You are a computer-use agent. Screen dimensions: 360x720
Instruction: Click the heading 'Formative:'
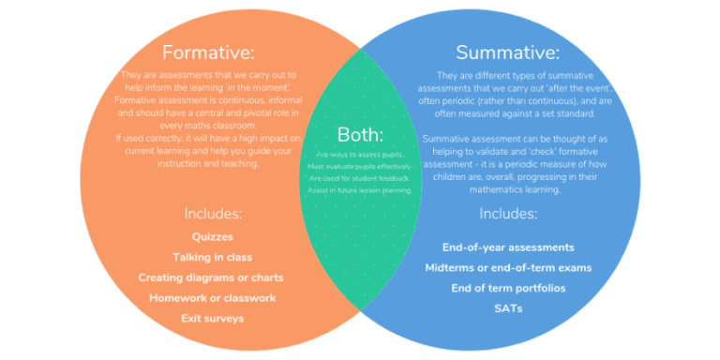(x=208, y=52)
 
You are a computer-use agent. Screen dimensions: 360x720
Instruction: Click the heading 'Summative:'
(x=507, y=52)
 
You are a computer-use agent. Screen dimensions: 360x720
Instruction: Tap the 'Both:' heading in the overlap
(x=360, y=134)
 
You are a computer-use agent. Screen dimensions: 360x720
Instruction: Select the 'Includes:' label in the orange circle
(x=212, y=213)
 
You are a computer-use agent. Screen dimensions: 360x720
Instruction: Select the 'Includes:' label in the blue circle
(x=508, y=213)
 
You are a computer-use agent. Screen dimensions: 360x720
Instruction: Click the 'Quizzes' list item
(x=212, y=236)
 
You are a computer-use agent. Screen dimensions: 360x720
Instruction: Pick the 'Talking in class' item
(x=212, y=257)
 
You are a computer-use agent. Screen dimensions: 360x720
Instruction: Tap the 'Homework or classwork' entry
(x=212, y=298)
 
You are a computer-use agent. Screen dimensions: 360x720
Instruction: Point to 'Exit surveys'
(x=212, y=319)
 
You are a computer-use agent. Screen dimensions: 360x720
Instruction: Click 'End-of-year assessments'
(x=508, y=247)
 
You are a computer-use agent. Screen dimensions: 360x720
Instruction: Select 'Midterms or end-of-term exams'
(x=508, y=268)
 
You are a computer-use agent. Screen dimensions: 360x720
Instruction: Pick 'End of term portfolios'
(x=508, y=288)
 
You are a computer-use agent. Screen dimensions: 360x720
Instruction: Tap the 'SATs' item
(x=508, y=308)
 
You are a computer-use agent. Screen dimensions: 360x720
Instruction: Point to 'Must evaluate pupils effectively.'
(x=360, y=166)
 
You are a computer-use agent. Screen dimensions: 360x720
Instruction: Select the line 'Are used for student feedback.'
(x=360, y=178)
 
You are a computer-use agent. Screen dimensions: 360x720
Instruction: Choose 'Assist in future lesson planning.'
(x=360, y=190)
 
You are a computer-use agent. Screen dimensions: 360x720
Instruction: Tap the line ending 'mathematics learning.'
(x=507, y=188)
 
